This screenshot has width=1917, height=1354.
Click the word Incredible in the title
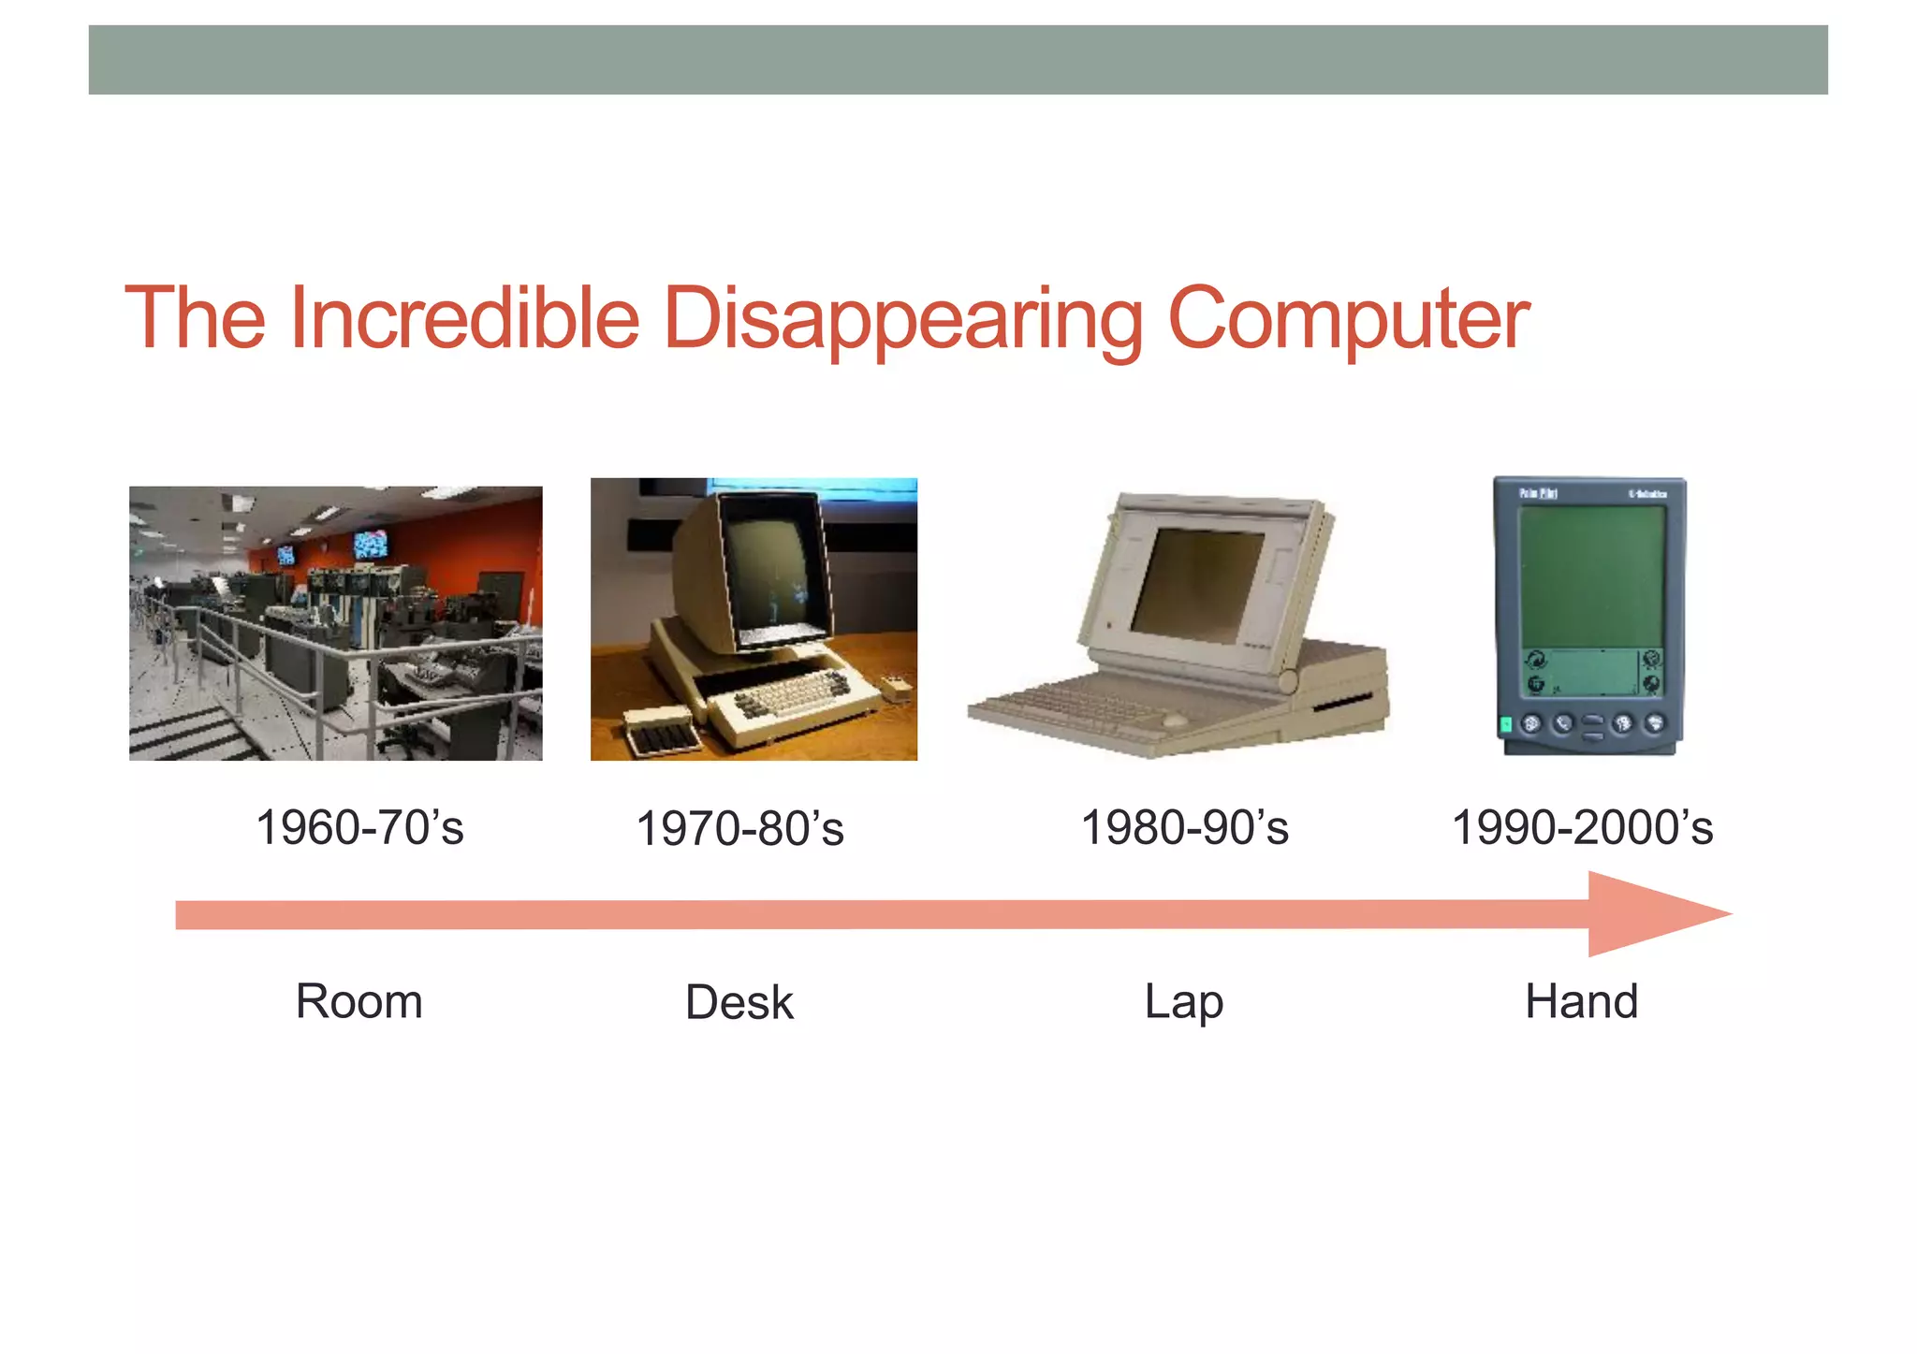[464, 318]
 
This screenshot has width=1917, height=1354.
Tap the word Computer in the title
[1348, 320]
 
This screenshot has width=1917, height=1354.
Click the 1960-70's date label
[359, 827]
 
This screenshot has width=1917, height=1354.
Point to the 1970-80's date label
[739, 829]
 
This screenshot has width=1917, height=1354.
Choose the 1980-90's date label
[1184, 827]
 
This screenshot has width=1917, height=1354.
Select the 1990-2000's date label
[1582, 827]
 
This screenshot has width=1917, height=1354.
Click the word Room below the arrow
[359, 1001]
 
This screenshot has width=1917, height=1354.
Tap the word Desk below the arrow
[739, 1002]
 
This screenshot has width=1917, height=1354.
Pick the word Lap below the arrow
[1183, 1001]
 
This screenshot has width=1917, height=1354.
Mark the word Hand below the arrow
[1581, 1001]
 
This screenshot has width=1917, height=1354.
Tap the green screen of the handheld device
[1591, 575]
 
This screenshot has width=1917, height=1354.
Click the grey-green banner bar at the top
[958, 60]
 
